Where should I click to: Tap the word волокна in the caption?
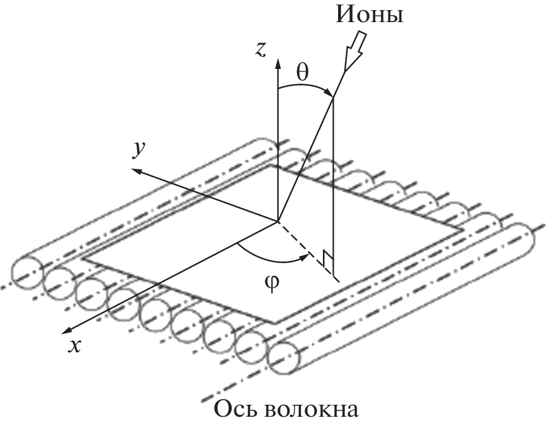coord(315,410)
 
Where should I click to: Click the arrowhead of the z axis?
coord(277,61)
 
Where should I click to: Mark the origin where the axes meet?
coord(277,221)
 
